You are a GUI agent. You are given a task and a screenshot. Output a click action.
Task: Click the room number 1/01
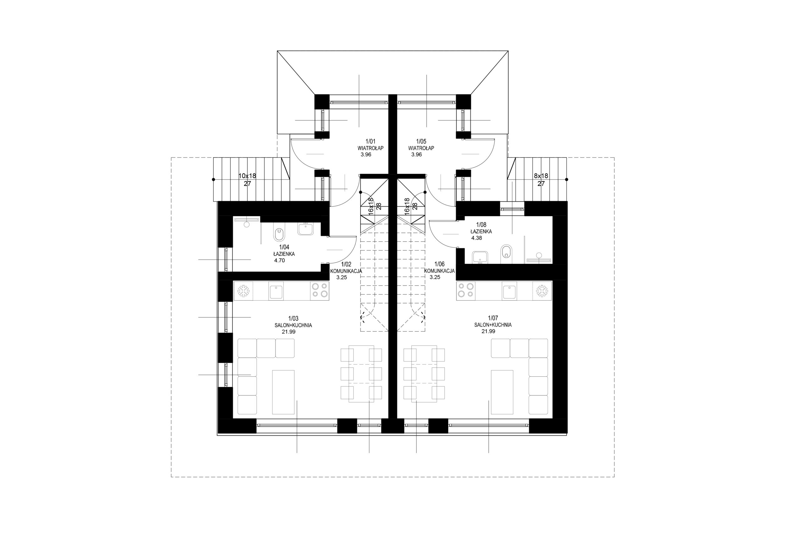[370, 141]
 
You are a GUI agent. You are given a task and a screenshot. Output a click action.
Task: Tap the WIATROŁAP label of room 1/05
[421, 148]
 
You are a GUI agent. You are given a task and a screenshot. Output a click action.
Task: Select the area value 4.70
[280, 260]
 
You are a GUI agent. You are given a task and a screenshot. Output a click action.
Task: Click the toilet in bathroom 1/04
[279, 234]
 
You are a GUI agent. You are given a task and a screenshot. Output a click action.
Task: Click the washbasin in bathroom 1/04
[306, 229]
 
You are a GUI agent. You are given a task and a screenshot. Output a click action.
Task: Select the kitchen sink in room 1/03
[276, 291]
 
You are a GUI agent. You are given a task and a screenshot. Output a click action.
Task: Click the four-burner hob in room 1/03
[319, 291]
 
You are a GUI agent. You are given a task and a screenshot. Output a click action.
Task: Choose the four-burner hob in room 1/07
[466, 290]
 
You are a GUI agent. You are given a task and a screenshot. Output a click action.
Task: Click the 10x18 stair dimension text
[247, 176]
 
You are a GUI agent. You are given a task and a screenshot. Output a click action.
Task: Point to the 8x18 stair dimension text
[541, 176]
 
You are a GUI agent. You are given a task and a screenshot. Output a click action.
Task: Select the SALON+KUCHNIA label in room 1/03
[293, 325]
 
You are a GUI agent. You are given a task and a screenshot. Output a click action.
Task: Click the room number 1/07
[493, 318]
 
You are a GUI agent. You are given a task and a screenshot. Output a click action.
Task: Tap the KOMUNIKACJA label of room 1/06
[439, 271]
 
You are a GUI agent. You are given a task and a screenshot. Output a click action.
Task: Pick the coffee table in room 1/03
[283, 392]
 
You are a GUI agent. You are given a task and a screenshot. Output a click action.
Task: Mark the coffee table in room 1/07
[502, 392]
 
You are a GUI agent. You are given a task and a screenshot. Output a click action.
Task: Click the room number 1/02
[346, 264]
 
